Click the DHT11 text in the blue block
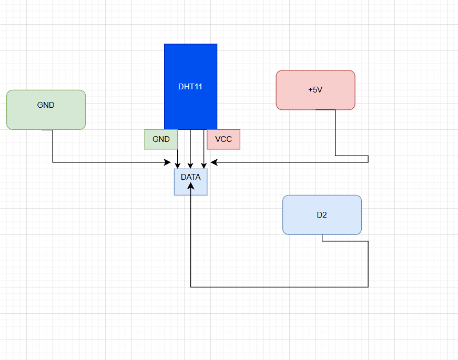[x=190, y=87]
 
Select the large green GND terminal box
[x=46, y=109]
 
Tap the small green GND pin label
[x=161, y=139]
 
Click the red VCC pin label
[x=223, y=139]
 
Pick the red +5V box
[x=315, y=90]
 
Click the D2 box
[x=322, y=215]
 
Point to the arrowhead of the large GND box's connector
[x=168, y=162]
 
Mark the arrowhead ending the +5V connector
[x=213, y=162]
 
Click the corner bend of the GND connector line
[x=53, y=162]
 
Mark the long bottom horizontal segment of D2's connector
[x=279, y=287]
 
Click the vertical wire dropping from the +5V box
[x=335, y=134]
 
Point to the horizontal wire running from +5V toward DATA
[x=289, y=162]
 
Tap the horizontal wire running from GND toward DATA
[x=110, y=162]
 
